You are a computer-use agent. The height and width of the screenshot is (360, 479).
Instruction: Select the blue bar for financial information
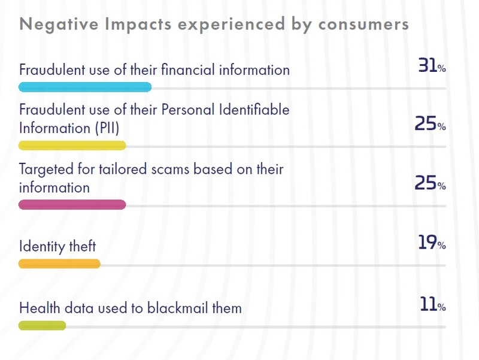pos(85,87)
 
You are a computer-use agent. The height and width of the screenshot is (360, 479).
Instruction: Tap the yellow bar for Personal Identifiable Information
pos(72,145)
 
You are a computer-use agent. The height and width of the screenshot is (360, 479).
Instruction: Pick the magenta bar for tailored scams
pos(72,204)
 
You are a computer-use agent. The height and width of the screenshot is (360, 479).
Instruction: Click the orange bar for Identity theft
pos(59,263)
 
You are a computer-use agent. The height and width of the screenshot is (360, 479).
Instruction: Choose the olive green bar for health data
pos(42,326)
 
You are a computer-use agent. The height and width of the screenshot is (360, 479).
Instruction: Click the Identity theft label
pos(57,246)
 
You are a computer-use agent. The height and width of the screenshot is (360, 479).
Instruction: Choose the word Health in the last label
pos(38,308)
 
